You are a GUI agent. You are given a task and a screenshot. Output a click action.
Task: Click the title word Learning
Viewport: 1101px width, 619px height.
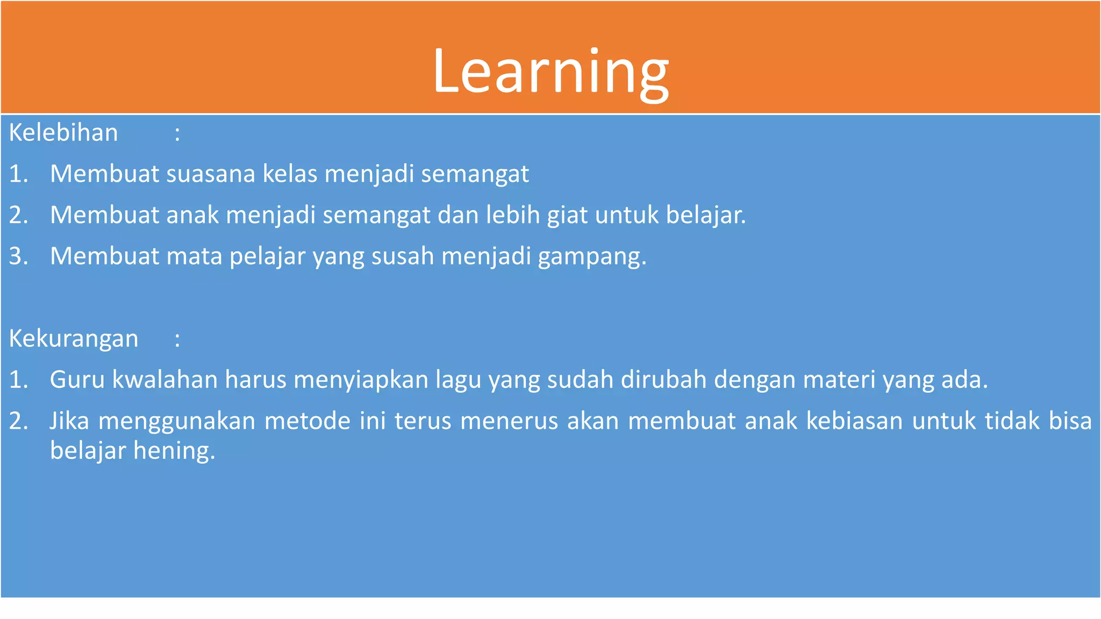pos(550,72)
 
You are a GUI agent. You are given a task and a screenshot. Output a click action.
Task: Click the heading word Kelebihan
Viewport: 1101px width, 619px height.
pos(63,133)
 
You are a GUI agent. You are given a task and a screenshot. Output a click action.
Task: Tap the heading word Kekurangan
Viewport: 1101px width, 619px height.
pos(74,339)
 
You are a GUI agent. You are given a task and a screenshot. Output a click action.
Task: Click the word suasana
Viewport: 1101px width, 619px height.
pos(210,174)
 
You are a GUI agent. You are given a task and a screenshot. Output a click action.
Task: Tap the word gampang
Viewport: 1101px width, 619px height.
pos(591,257)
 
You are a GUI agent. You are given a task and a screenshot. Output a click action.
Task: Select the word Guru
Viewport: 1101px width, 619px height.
pos(77,380)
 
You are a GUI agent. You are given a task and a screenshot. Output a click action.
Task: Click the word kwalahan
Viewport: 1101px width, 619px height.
pos(165,380)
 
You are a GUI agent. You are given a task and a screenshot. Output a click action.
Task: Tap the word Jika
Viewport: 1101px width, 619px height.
pos(69,421)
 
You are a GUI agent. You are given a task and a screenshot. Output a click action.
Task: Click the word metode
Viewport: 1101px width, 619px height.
pos(307,421)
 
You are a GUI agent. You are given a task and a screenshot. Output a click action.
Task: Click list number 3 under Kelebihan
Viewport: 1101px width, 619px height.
pos(18,256)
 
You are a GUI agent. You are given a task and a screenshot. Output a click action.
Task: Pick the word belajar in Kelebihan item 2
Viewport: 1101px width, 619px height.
pos(705,215)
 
